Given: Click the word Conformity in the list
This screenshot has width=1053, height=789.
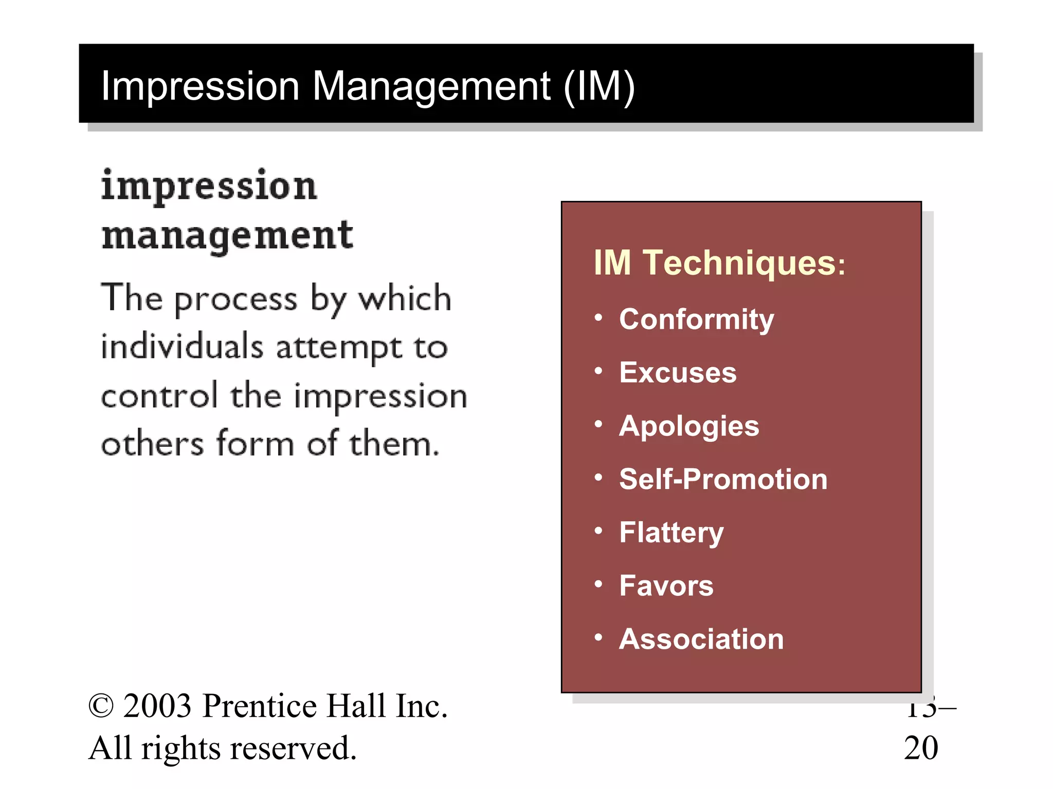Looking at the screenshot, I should click(696, 320).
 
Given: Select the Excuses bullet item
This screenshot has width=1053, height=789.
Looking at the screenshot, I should click(678, 372).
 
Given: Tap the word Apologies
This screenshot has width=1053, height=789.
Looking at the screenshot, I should click(689, 426).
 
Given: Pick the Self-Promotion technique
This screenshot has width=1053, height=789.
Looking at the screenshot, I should click(723, 479).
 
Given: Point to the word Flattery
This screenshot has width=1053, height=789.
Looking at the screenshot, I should click(671, 533).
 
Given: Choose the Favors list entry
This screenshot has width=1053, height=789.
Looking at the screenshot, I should click(666, 586).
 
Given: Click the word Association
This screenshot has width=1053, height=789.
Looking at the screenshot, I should click(701, 639).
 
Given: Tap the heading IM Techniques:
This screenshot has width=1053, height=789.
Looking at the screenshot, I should click(719, 263).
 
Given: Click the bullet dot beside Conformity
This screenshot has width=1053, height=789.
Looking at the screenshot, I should click(598, 318).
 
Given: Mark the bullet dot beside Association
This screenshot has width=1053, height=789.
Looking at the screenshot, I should click(598, 637).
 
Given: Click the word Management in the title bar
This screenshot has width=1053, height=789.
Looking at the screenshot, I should click(431, 86).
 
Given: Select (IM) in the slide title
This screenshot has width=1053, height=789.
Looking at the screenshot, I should click(599, 86).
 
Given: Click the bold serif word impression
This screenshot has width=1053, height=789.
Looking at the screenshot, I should click(209, 186).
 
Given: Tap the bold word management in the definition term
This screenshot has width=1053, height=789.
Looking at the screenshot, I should click(227, 236).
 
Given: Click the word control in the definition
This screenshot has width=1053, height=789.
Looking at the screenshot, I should click(159, 396).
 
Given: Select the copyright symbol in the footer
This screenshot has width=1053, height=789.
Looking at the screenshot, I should click(101, 706).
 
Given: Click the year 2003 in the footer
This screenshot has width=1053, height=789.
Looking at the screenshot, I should click(158, 706).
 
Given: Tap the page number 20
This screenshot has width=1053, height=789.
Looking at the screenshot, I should click(921, 748).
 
